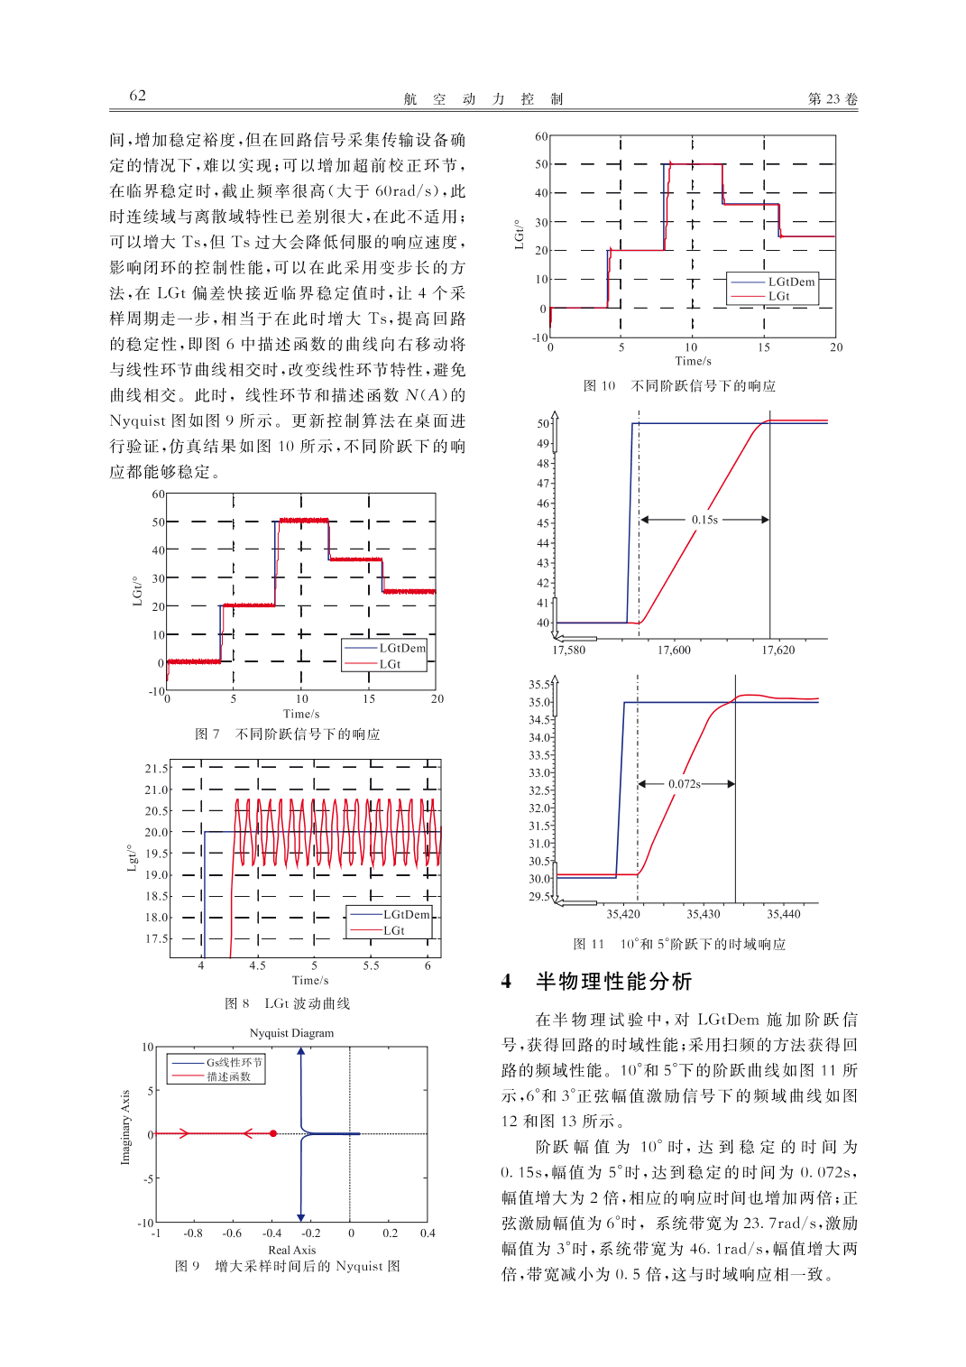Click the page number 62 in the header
coord(137,96)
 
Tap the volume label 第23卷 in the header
coord(832,98)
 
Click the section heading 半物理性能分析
coord(613,981)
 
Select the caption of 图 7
coord(288,734)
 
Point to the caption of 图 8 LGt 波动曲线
coord(287,1003)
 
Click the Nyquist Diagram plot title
coord(291,1033)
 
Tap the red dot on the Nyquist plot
coord(273,1133)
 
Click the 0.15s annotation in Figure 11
coord(704,520)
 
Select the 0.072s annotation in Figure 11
coord(685,784)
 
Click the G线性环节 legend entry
coord(234,1062)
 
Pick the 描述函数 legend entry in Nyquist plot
coord(228,1076)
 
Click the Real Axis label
coord(291,1250)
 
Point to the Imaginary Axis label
coord(125,1127)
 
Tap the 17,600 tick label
coord(674,650)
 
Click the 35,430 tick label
coord(704,914)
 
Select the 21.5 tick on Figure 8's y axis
coord(156,769)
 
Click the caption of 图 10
coord(679,386)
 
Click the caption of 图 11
coord(679,945)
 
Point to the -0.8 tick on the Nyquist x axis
coord(193,1233)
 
